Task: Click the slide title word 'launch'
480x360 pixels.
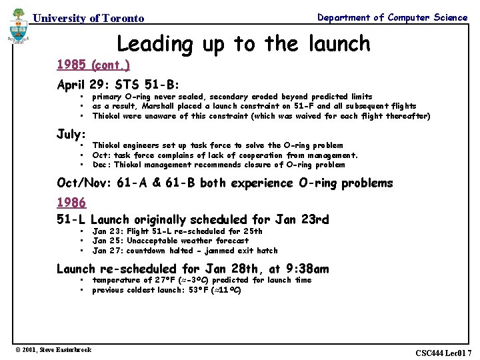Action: coord(337,43)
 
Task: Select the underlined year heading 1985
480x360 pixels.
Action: coord(71,65)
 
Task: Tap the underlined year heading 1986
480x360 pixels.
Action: coord(71,202)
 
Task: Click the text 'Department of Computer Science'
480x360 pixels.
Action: coord(392,17)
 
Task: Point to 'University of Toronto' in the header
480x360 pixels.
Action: coord(89,19)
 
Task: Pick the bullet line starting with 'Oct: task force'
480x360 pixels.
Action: coord(225,155)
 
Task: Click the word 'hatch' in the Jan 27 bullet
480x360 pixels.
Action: coord(267,251)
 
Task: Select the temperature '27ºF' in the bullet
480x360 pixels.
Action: coord(164,281)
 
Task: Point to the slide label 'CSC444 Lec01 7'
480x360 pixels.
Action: coord(443,353)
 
